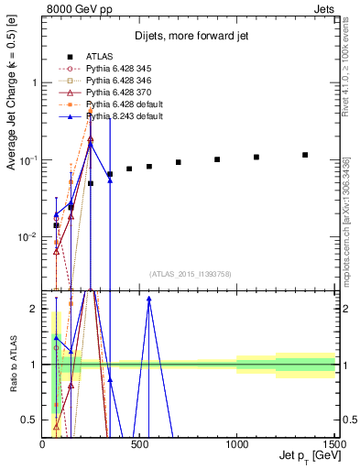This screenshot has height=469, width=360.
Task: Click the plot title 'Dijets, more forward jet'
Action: (191, 37)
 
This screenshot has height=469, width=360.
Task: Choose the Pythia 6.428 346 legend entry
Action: (119, 81)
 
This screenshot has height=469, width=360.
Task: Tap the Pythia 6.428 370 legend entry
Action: (119, 93)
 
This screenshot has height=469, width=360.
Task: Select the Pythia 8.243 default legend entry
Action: (122, 116)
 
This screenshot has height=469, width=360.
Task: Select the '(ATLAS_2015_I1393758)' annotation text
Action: (190, 273)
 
